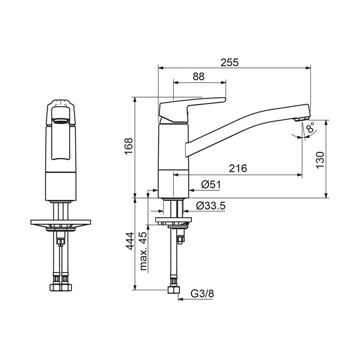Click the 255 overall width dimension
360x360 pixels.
229,63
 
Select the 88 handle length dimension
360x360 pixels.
198,76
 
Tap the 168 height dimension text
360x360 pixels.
129,146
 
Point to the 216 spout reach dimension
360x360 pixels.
238,168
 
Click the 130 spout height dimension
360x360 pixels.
320,160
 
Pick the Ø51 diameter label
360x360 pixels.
211,184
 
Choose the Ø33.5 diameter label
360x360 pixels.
211,206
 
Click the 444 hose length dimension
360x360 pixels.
130,241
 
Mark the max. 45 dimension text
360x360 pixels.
143,251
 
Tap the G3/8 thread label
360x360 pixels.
202,293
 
